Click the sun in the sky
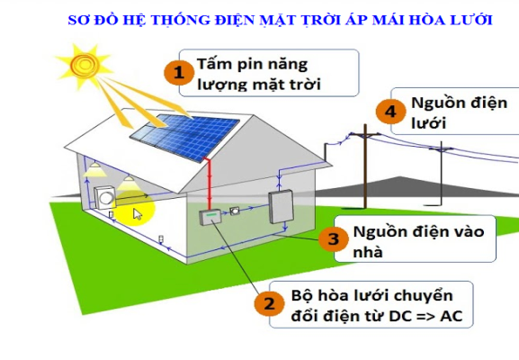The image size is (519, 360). click(85, 64)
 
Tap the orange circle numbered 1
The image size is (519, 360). click(179, 73)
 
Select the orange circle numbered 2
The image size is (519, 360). click(269, 302)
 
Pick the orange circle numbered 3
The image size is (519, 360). click(334, 238)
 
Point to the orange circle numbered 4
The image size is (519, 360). click(390, 112)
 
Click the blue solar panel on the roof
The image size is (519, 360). click(184, 137)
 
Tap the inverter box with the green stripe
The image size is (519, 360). click(210, 217)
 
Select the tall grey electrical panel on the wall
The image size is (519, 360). click(281, 206)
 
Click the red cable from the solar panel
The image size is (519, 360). click(209, 184)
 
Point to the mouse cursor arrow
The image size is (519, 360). click(138, 214)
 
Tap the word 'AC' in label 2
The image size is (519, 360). click(452, 316)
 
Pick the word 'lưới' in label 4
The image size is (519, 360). click(428, 122)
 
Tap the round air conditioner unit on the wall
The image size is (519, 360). click(104, 198)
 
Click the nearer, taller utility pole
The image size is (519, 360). click(365, 166)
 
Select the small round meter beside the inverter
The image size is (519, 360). click(235, 211)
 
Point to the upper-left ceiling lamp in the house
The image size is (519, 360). click(95, 168)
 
